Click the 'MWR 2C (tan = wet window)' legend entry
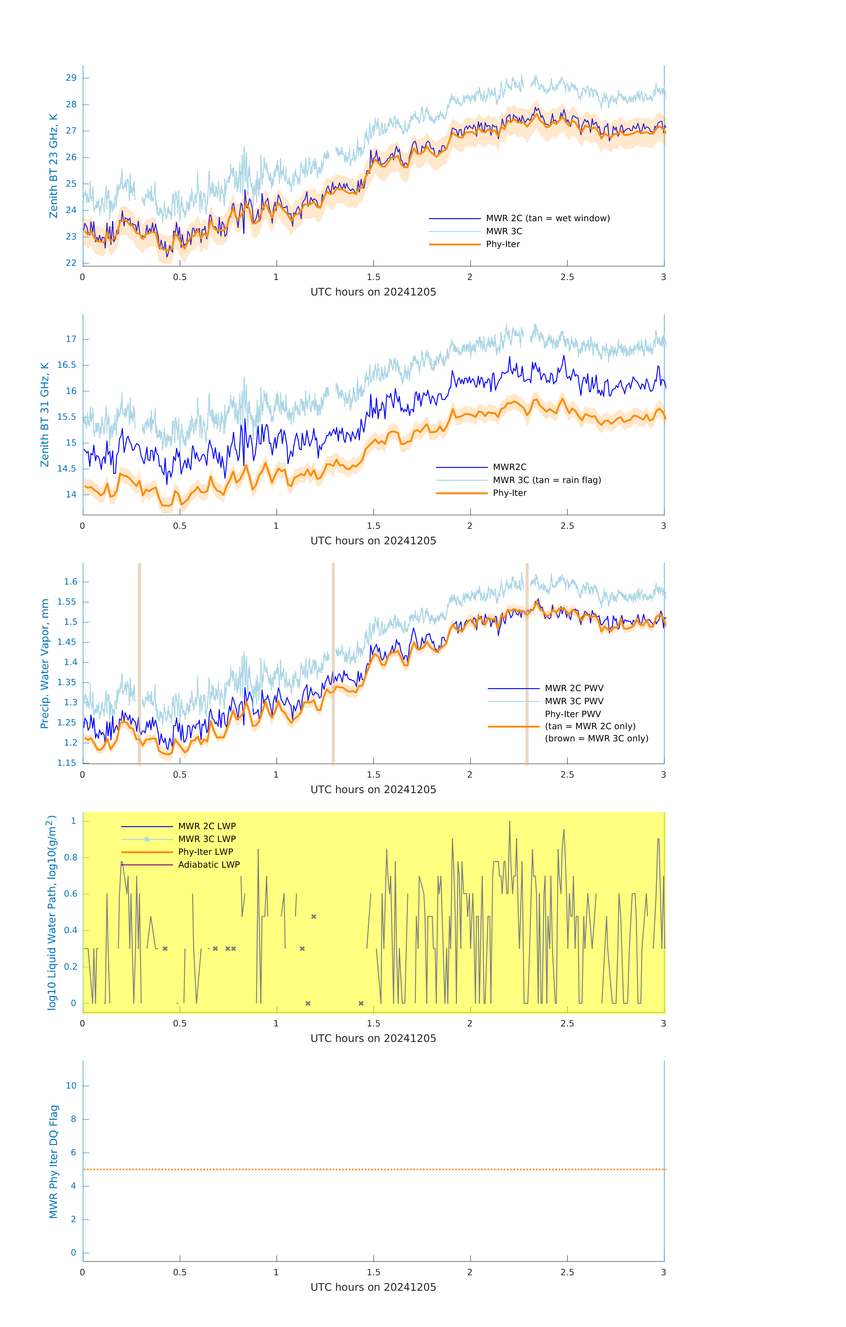[547, 218]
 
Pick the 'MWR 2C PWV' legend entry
[574, 688]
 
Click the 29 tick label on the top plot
[71, 78]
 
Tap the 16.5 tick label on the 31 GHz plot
[67, 365]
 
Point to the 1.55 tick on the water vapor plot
[67, 602]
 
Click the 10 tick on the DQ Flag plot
[71, 1086]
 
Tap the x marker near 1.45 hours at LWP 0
[361, 1003]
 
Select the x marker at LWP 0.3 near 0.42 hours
[165, 948]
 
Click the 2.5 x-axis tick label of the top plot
[567, 277]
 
